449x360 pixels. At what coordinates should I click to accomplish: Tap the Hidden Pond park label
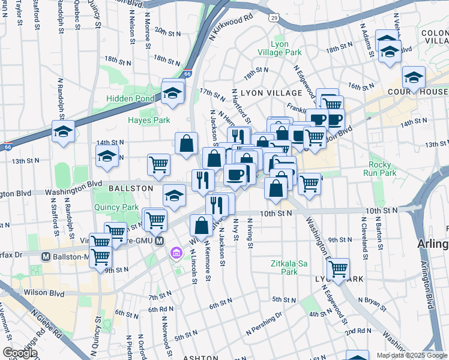[130, 98]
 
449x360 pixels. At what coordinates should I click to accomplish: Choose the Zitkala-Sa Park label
[281, 267]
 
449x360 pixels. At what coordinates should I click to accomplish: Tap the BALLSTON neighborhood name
[131, 188]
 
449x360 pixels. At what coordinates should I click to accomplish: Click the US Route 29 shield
[274, 19]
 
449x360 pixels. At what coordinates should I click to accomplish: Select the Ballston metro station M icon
[45, 256]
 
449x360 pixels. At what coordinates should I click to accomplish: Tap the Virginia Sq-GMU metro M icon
[159, 241]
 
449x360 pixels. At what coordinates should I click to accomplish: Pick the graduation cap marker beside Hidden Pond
[172, 92]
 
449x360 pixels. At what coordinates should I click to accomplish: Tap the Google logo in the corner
[19, 353]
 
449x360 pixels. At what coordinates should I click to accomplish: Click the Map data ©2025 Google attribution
[412, 355]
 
